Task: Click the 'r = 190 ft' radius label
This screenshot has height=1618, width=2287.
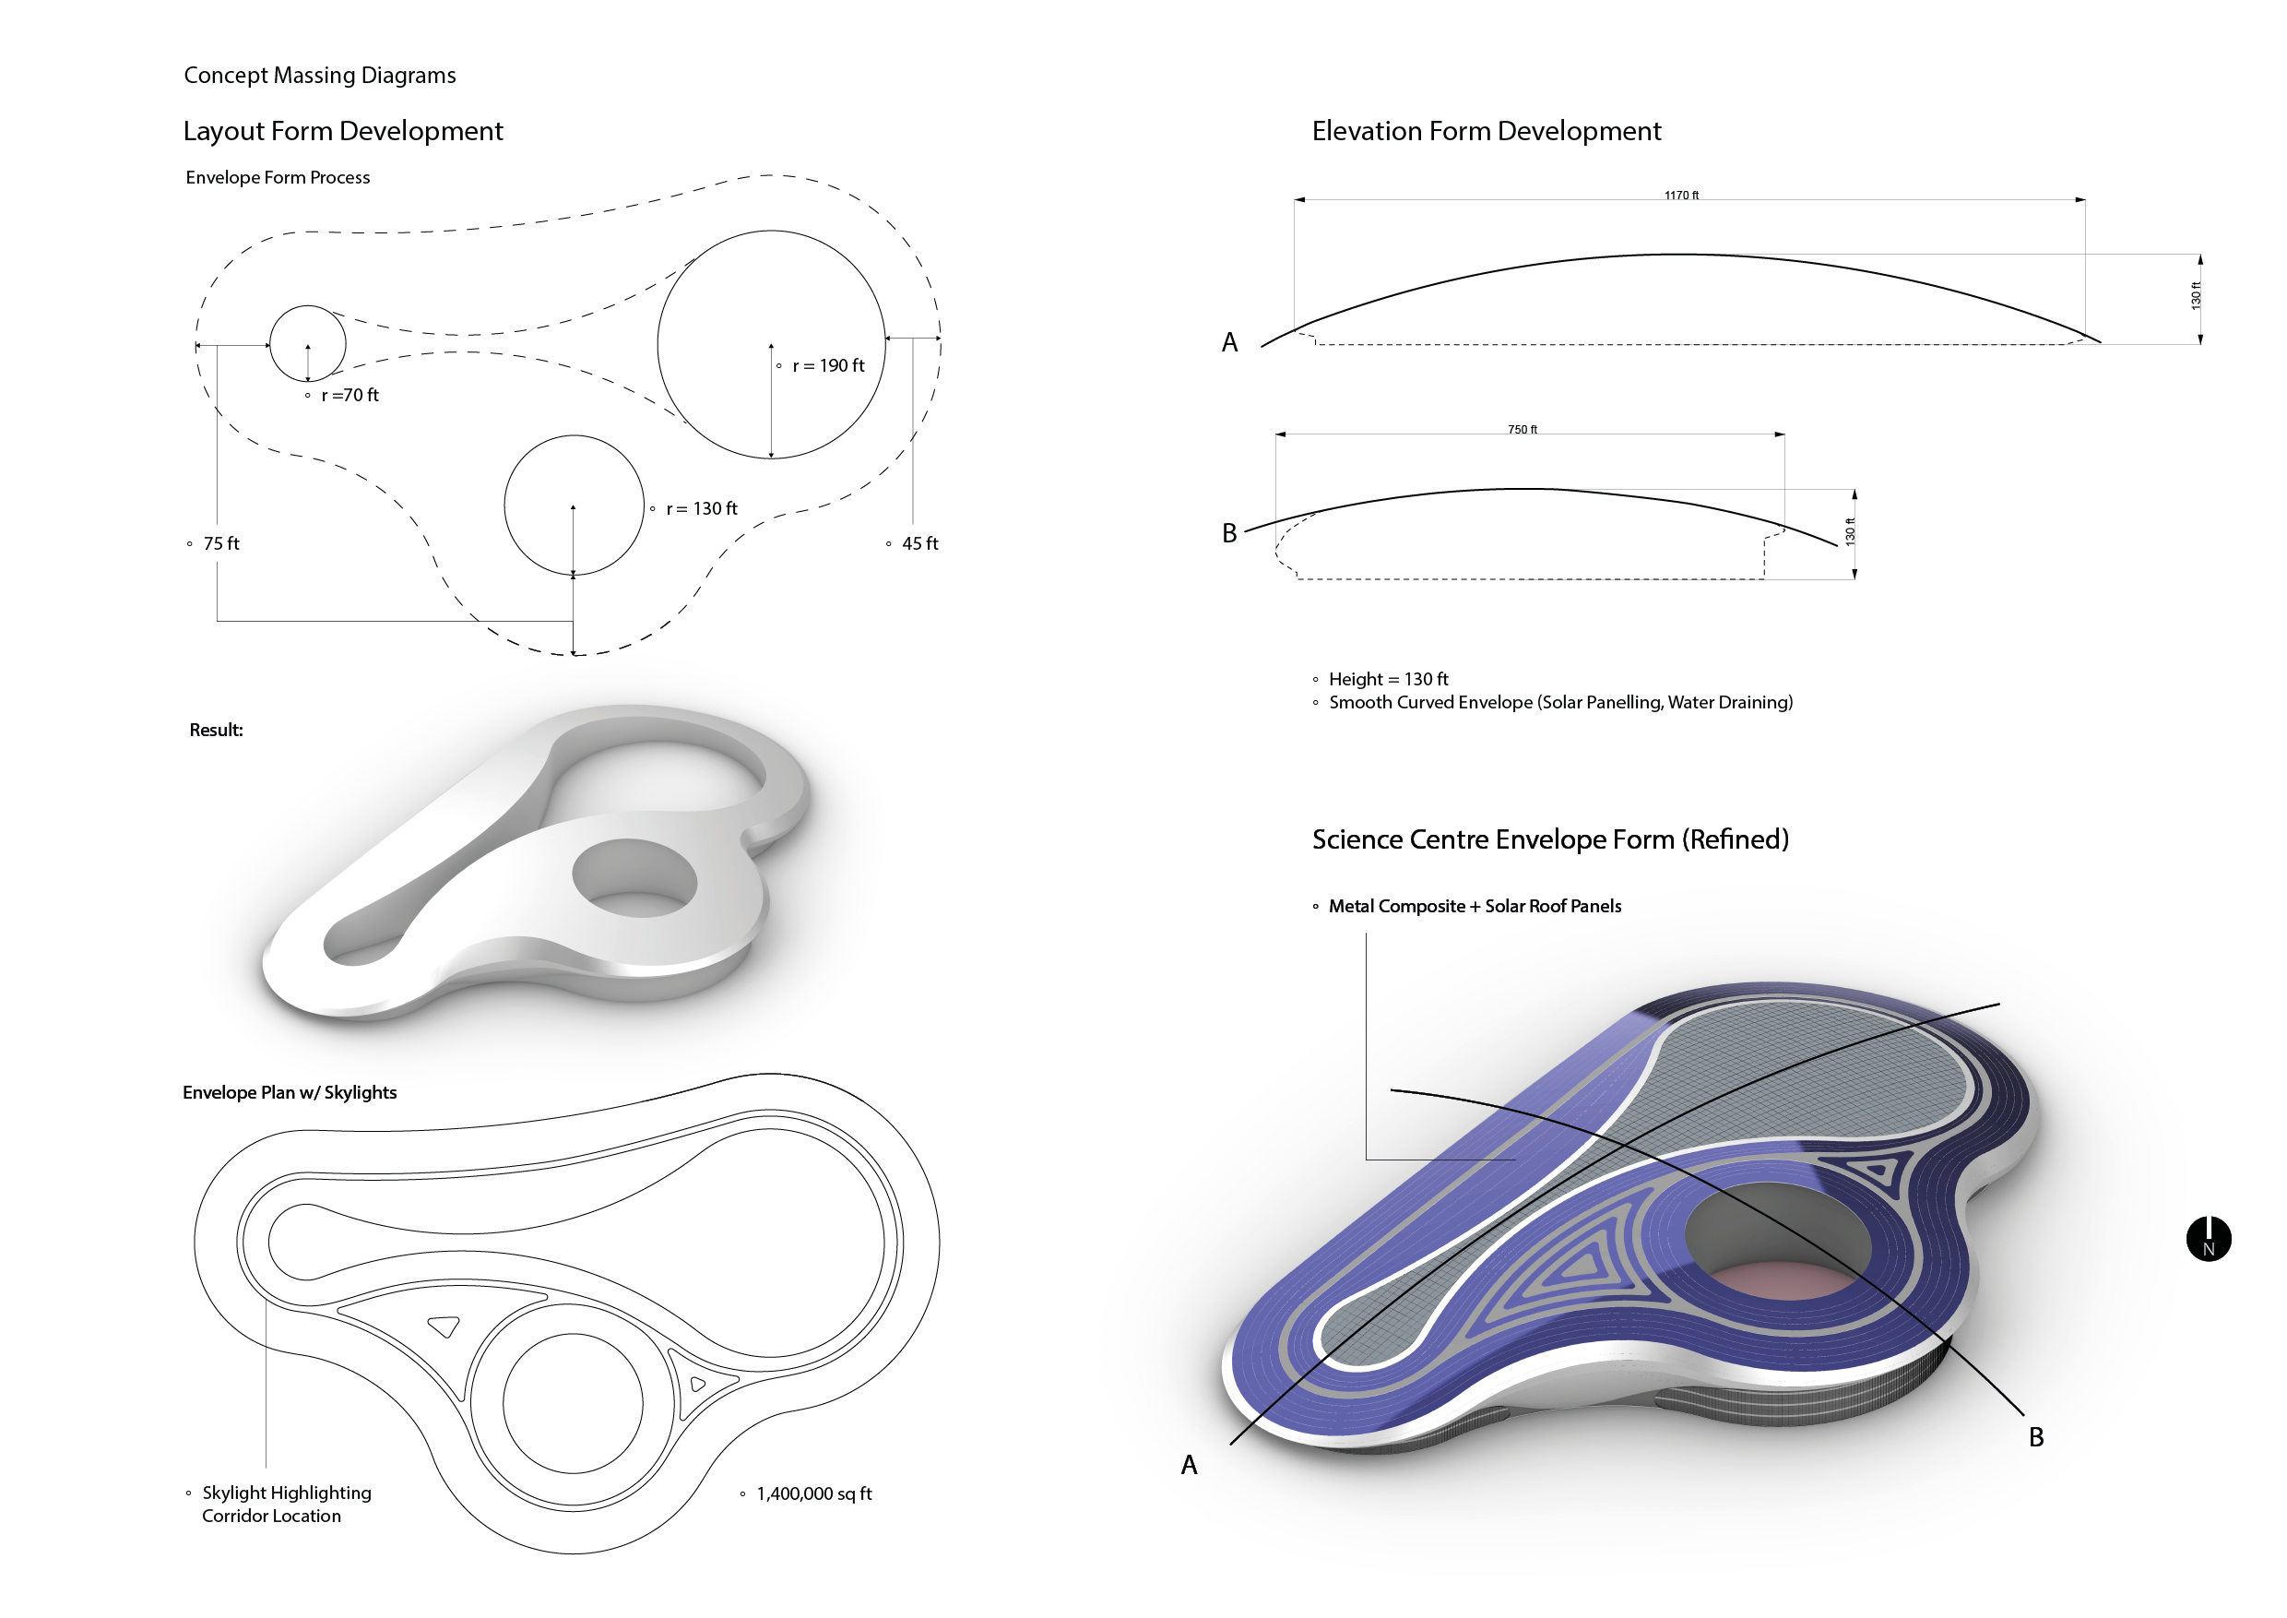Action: pos(828,365)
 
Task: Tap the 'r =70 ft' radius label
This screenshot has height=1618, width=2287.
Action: pos(350,396)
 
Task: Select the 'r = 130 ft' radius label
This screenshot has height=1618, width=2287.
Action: pos(701,509)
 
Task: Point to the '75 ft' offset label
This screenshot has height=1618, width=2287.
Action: pos(221,544)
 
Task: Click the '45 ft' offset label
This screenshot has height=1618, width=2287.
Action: pos(919,544)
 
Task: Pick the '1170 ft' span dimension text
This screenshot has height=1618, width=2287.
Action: pos(1681,196)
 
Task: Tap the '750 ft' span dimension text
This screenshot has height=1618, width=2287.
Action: pos(1522,430)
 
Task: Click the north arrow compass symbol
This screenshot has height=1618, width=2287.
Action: pos(2209,1240)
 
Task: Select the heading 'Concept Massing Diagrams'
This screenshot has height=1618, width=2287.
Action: pos(320,76)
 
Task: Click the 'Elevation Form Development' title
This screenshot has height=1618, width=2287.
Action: pos(1487,132)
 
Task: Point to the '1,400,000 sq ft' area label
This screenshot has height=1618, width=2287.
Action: pos(813,1493)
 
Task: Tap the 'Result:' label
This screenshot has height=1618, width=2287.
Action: pos(216,731)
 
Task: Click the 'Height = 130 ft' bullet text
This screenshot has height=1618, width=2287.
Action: pos(1388,680)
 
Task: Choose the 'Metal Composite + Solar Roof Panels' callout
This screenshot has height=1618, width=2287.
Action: pos(1475,907)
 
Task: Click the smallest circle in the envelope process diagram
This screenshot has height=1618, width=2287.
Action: pos(308,344)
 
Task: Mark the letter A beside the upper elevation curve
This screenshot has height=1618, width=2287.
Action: pos(1230,343)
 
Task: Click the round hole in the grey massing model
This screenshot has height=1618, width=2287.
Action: pos(634,876)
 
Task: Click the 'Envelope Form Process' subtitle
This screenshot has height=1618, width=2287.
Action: pos(278,177)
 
